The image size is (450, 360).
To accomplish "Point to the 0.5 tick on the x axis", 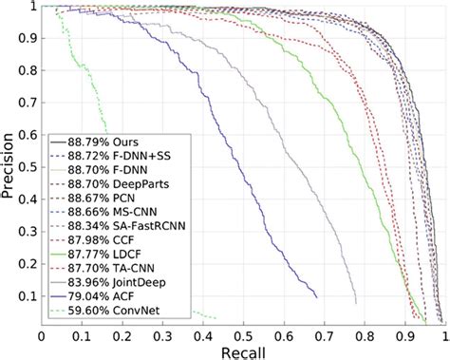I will click(x=243, y=335).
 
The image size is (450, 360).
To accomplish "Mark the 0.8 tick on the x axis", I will click(x=365, y=335).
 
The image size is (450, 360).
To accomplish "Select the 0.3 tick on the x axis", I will click(x=162, y=335).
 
